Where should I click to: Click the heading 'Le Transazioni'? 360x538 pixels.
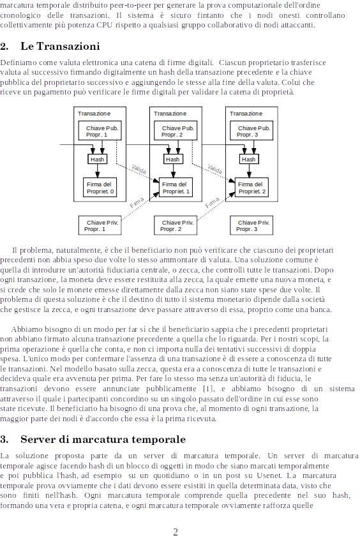(x=60, y=47)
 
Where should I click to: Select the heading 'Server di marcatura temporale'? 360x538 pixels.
(x=103, y=440)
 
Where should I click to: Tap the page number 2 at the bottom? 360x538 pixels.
(x=176, y=532)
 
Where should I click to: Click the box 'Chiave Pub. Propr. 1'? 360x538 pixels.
(x=100, y=131)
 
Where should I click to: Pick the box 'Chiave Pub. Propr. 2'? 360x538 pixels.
(x=176, y=131)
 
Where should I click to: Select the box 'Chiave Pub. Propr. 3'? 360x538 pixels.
(x=251, y=131)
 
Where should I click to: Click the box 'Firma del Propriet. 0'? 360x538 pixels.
(x=100, y=188)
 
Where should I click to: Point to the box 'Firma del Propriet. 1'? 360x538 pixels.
(x=176, y=188)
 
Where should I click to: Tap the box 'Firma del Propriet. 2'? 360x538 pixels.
(x=251, y=188)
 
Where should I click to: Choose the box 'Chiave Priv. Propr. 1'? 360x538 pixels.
(x=100, y=225)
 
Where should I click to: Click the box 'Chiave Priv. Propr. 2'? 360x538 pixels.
(x=176, y=225)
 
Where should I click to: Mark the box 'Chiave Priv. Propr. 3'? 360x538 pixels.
(x=251, y=225)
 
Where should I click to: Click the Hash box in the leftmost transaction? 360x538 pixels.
(x=97, y=159)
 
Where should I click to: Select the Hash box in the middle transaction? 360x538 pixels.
(x=173, y=159)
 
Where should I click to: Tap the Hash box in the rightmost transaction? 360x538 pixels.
(x=249, y=159)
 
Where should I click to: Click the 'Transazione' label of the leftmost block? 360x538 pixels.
(x=94, y=114)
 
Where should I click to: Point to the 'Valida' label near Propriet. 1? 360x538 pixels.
(x=139, y=169)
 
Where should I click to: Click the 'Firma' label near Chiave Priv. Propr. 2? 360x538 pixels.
(x=213, y=203)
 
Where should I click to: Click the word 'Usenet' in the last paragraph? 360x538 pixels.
(x=269, y=476)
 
